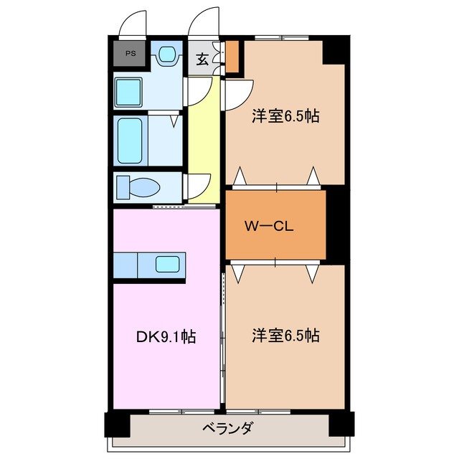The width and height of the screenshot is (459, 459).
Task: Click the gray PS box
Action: point(130,53)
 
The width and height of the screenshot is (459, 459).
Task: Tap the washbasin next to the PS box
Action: point(167,54)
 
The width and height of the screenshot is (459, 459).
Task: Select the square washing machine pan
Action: point(130,92)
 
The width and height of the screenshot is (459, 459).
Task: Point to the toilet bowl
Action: point(141,187)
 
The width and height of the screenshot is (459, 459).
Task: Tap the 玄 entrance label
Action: point(202,60)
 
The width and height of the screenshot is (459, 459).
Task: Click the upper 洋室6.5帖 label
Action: point(285,117)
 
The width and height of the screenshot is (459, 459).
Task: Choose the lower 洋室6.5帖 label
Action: point(285,335)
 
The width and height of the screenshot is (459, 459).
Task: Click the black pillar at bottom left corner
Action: point(118,424)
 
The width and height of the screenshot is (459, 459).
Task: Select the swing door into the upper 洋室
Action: point(237,95)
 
